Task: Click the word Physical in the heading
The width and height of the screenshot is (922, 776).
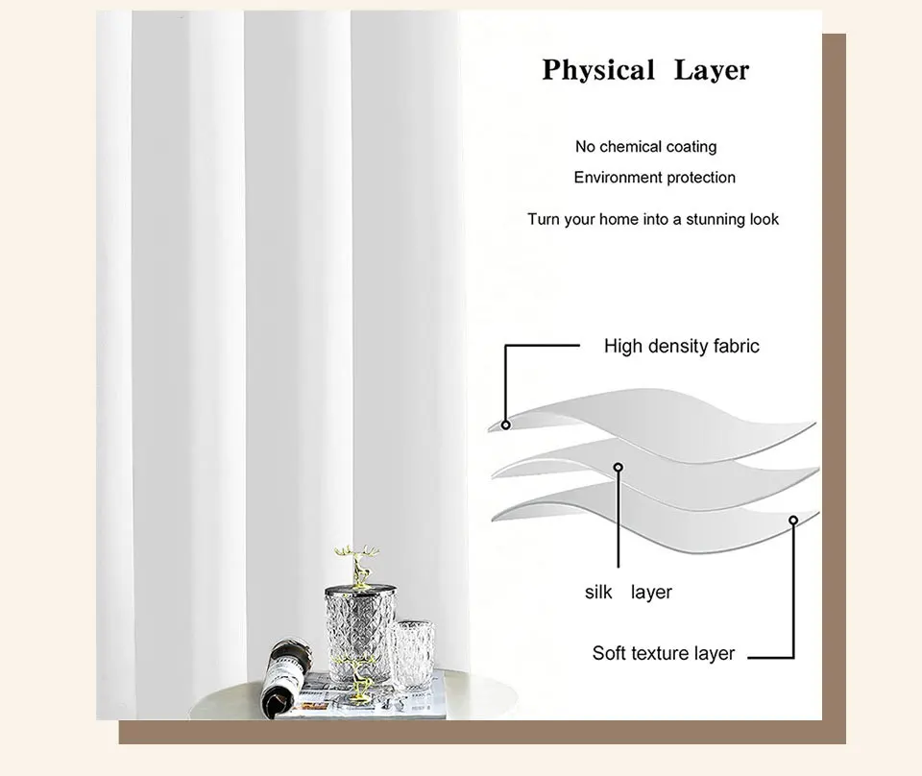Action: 598,70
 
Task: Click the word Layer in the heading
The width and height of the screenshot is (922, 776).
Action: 711,70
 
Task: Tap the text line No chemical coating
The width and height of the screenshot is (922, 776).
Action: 645,147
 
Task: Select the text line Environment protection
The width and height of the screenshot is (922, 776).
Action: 654,178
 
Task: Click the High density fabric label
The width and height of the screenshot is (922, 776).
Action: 681,346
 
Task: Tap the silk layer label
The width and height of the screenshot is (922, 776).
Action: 628,592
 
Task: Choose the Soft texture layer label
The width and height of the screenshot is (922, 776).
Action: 663,653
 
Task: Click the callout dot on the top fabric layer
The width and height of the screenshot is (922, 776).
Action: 506,423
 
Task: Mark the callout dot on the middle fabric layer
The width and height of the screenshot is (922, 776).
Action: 619,468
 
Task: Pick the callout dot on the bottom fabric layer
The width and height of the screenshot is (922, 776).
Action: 793,521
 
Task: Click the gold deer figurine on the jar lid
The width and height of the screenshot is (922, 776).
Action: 354,559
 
